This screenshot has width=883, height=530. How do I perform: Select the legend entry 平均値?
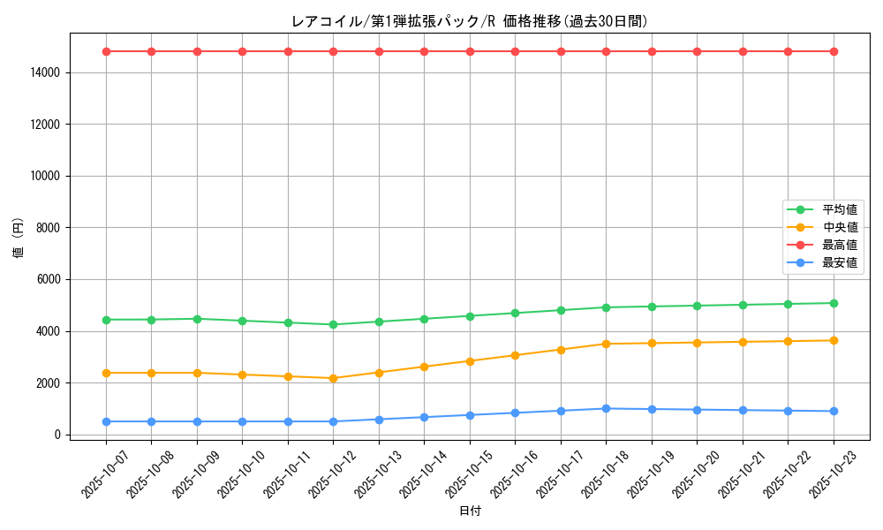click(x=839, y=210)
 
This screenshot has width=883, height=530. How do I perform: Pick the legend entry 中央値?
click(x=839, y=228)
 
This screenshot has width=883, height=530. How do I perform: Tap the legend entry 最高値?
click(x=839, y=245)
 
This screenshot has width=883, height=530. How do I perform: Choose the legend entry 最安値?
click(x=839, y=262)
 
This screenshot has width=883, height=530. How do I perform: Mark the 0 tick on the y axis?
click(x=56, y=435)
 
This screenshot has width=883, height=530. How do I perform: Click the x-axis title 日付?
click(x=470, y=511)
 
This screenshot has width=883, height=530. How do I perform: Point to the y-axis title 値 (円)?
click(x=19, y=240)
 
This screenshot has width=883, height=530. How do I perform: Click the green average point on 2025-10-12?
click(x=333, y=324)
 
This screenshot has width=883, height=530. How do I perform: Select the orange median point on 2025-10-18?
click(x=606, y=344)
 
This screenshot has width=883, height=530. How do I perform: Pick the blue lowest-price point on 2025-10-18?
click(x=606, y=408)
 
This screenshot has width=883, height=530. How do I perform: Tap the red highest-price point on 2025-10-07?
click(x=106, y=51)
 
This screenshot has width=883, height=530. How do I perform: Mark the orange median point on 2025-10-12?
click(x=333, y=378)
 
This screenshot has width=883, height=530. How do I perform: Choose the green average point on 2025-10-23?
click(x=834, y=303)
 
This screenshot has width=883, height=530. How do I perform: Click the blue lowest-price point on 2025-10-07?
click(x=106, y=421)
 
